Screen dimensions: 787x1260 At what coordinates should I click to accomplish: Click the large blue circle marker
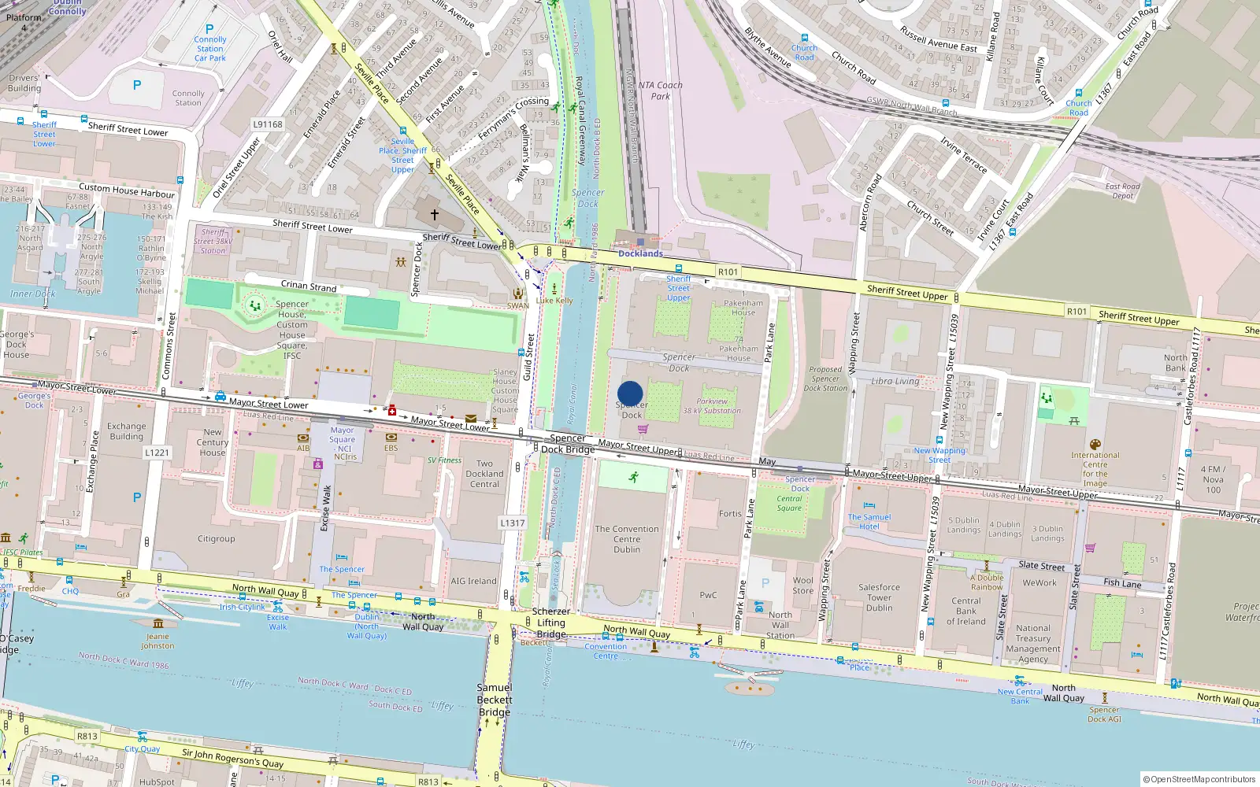click(630, 393)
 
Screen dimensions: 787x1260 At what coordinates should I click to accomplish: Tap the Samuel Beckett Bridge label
click(494, 700)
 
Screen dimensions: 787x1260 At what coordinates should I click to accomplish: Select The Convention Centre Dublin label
click(627, 539)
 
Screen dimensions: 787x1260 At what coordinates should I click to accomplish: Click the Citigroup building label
click(216, 539)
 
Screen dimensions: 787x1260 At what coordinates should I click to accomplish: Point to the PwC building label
click(708, 595)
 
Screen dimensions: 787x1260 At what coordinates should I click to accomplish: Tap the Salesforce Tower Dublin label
click(879, 597)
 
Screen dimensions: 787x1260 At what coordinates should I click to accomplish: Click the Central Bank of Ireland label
click(966, 611)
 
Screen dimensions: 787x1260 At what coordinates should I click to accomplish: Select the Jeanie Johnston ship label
click(157, 641)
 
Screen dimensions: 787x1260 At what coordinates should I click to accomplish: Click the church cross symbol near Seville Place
click(434, 214)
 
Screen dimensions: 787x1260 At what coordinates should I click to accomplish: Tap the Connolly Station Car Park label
click(210, 49)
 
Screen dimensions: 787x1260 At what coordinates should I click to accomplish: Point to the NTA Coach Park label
click(660, 91)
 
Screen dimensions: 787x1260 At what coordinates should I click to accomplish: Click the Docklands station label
click(640, 253)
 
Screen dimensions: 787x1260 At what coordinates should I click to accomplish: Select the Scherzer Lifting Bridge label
click(551, 623)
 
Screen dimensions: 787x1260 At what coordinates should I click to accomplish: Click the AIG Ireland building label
click(473, 581)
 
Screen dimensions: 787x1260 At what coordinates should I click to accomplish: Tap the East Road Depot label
click(1122, 191)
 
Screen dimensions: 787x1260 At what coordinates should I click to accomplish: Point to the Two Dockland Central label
click(484, 474)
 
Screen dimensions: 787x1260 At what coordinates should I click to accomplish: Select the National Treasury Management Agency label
click(1033, 644)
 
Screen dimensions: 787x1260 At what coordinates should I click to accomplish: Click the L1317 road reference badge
click(512, 523)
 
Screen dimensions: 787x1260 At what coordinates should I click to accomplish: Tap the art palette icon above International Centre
click(1095, 445)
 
